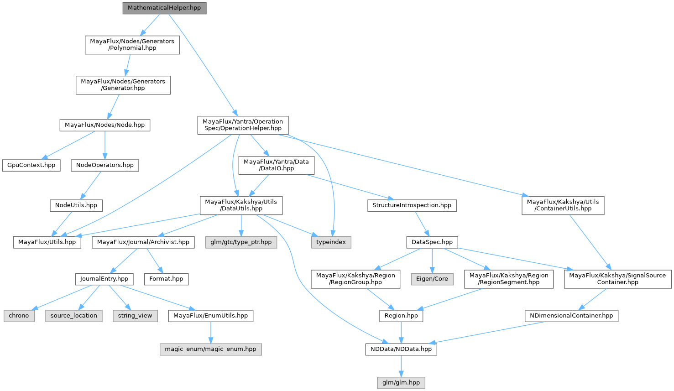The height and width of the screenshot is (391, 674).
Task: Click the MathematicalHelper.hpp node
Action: point(164,8)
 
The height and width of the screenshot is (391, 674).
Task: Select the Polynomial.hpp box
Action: point(132,45)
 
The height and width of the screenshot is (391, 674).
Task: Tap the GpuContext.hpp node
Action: point(31,165)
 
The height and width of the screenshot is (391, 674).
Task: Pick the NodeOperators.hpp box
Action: point(104,165)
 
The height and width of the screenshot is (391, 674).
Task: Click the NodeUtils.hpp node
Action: point(76,205)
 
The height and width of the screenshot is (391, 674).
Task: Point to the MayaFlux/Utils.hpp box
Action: point(47,242)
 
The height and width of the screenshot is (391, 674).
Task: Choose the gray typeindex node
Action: point(331,242)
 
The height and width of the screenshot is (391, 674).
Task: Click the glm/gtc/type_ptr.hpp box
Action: point(241,242)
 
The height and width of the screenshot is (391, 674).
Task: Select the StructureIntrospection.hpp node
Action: point(412,205)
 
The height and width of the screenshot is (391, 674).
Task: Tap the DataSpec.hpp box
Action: point(432,242)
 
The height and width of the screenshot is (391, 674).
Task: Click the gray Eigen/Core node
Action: point(432,279)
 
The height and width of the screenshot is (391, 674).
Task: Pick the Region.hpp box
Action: point(401,316)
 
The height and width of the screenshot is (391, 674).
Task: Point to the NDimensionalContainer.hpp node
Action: point(571,316)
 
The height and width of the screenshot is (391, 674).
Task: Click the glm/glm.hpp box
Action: point(401,382)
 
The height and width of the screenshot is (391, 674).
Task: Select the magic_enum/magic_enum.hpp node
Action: point(210,349)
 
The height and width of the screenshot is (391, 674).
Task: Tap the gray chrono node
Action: point(19,316)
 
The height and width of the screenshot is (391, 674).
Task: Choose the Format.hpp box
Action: point(166,279)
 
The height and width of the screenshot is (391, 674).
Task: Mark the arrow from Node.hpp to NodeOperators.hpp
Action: point(104,145)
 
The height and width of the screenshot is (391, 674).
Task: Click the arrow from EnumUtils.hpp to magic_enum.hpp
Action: point(210,332)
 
